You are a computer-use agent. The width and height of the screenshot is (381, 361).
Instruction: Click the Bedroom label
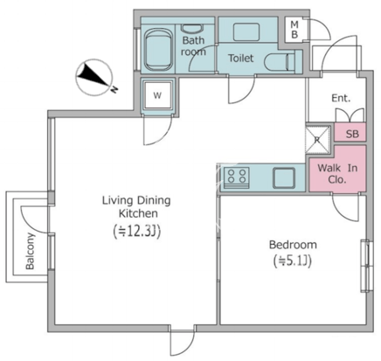293,245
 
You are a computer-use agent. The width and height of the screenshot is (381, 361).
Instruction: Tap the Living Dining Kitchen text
136,207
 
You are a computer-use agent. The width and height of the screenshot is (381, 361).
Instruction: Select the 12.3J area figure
137,232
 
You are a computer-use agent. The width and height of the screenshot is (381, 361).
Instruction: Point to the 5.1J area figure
293,261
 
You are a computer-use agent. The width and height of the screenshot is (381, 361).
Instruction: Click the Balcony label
30,251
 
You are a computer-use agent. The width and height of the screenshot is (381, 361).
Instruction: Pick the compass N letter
114,89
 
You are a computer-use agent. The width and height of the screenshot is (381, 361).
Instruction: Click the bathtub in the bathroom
157,50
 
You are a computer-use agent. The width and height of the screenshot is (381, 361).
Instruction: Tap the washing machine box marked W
157,95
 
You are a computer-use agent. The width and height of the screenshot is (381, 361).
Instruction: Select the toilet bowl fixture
279,62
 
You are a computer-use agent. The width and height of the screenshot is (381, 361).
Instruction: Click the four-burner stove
237,177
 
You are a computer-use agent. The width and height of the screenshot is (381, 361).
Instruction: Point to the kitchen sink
284,177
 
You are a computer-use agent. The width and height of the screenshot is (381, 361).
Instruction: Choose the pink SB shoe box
350,133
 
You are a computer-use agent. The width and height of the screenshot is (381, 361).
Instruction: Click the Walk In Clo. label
337,174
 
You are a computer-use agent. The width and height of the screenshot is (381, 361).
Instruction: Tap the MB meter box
294,30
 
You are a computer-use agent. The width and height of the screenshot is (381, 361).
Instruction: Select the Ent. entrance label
341,98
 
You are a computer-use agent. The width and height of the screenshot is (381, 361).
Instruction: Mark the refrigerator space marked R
317,139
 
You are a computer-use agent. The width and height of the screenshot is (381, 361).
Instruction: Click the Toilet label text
240,58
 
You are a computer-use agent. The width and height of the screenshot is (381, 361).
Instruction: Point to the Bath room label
193,45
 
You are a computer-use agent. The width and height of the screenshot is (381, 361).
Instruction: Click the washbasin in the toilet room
246,31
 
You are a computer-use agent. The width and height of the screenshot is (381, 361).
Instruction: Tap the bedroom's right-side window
366,266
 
